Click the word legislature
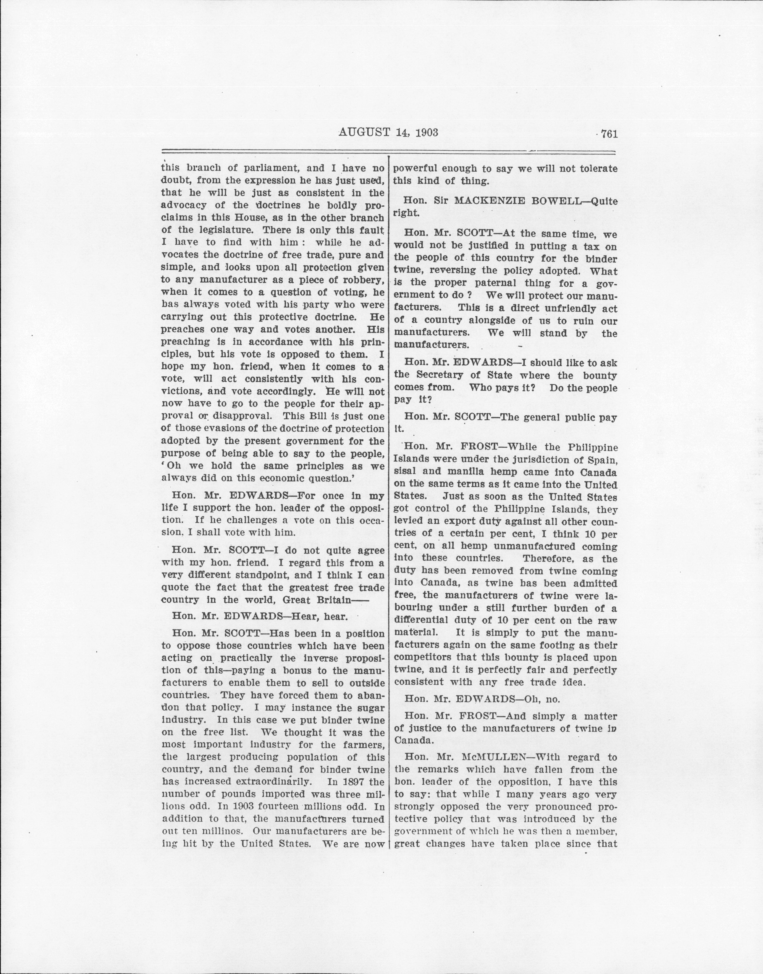click(x=220, y=230)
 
